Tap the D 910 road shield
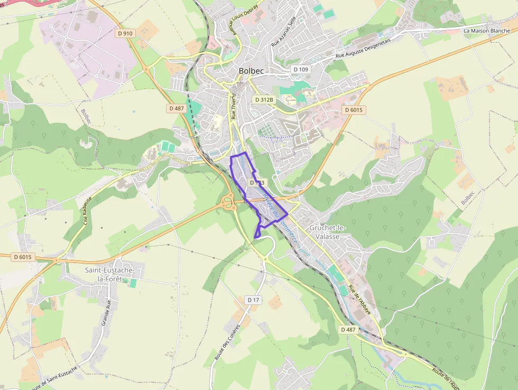coord(125,33)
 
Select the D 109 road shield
coord(301,69)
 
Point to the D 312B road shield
coord(264,99)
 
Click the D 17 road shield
coord(254,300)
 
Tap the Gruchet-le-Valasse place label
coord(328,232)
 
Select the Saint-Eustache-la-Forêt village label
coord(110,275)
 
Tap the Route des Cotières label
coord(227,342)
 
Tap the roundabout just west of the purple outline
coord(229,201)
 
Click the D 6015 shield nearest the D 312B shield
coord(353,110)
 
